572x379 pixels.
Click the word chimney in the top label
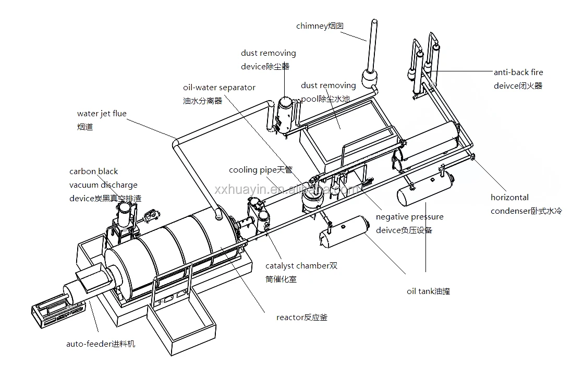312,26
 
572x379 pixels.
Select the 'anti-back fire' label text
518,73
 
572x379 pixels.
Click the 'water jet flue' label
102,114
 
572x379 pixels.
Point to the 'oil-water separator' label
219,88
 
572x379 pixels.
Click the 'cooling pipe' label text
251,170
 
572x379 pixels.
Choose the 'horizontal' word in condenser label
509,198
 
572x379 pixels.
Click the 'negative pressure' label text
409,217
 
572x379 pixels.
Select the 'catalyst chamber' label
297,266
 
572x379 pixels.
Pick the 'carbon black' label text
94,172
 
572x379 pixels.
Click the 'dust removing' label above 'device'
268,53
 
